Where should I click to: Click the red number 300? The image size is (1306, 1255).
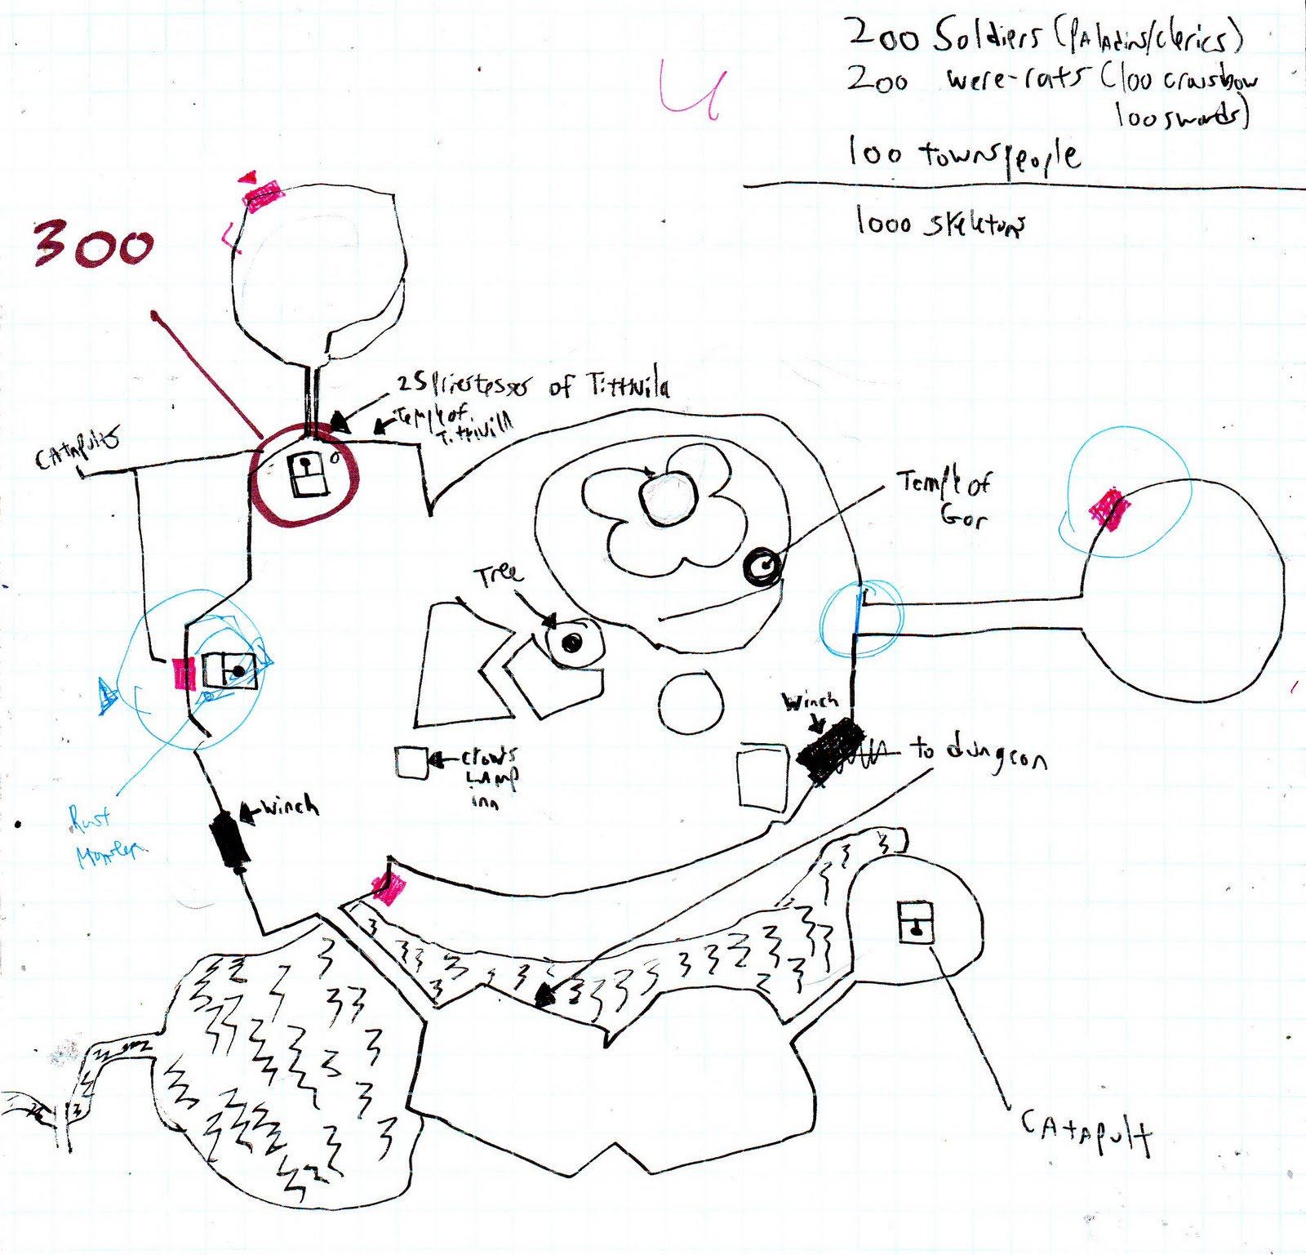(93, 246)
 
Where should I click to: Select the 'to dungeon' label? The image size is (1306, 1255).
(979, 754)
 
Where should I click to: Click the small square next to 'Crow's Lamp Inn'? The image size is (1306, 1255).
(411, 763)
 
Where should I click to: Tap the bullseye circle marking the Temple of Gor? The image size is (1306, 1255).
(762, 565)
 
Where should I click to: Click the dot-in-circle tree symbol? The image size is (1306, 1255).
(572, 643)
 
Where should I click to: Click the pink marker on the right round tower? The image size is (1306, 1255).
(1109, 508)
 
